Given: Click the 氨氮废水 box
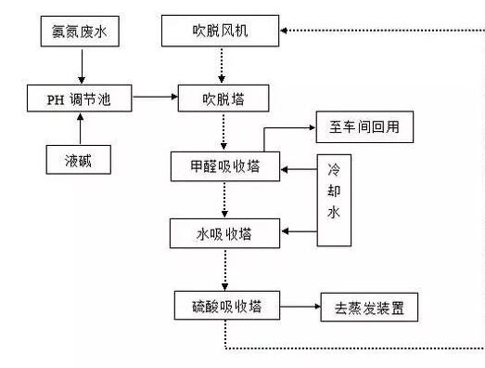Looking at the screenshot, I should click(81, 34).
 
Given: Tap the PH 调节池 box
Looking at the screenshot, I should click(81, 98).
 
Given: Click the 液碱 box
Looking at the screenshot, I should click(81, 160).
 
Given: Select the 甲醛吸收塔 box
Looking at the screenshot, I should click(225, 167).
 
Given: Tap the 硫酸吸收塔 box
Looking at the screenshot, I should click(225, 306).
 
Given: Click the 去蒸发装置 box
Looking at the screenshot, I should click(368, 306).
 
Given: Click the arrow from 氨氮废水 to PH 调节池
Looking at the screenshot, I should click(81, 65).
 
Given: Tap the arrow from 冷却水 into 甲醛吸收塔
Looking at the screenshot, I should click(299, 169).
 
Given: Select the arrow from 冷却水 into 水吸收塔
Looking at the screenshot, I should click(299, 229).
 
